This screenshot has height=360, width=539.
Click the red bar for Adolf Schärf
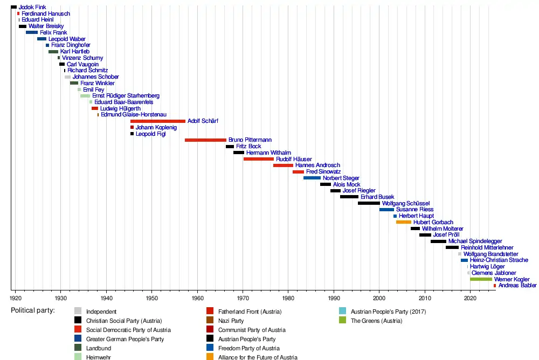click(157, 121)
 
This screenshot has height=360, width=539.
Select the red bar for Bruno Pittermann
click(205, 140)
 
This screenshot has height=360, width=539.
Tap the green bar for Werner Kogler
click(481, 279)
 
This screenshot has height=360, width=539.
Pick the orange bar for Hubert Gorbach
click(403, 222)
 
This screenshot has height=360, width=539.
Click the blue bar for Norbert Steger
click(312, 178)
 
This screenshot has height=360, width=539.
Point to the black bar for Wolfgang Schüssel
click(369, 203)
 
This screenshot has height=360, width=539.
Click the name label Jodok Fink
click(32, 7)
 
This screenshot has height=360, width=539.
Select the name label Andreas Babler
click(517, 286)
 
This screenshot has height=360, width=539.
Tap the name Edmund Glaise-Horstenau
click(133, 115)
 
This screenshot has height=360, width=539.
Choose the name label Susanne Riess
click(414, 210)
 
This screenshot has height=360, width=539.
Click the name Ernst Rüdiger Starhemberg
click(126, 96)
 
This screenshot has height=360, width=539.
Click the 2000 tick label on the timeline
click(379, 297)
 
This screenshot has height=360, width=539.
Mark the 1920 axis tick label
click(15, 297)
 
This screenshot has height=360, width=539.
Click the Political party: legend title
click(33, 310)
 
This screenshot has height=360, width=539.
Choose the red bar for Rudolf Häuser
click(258, 159)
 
